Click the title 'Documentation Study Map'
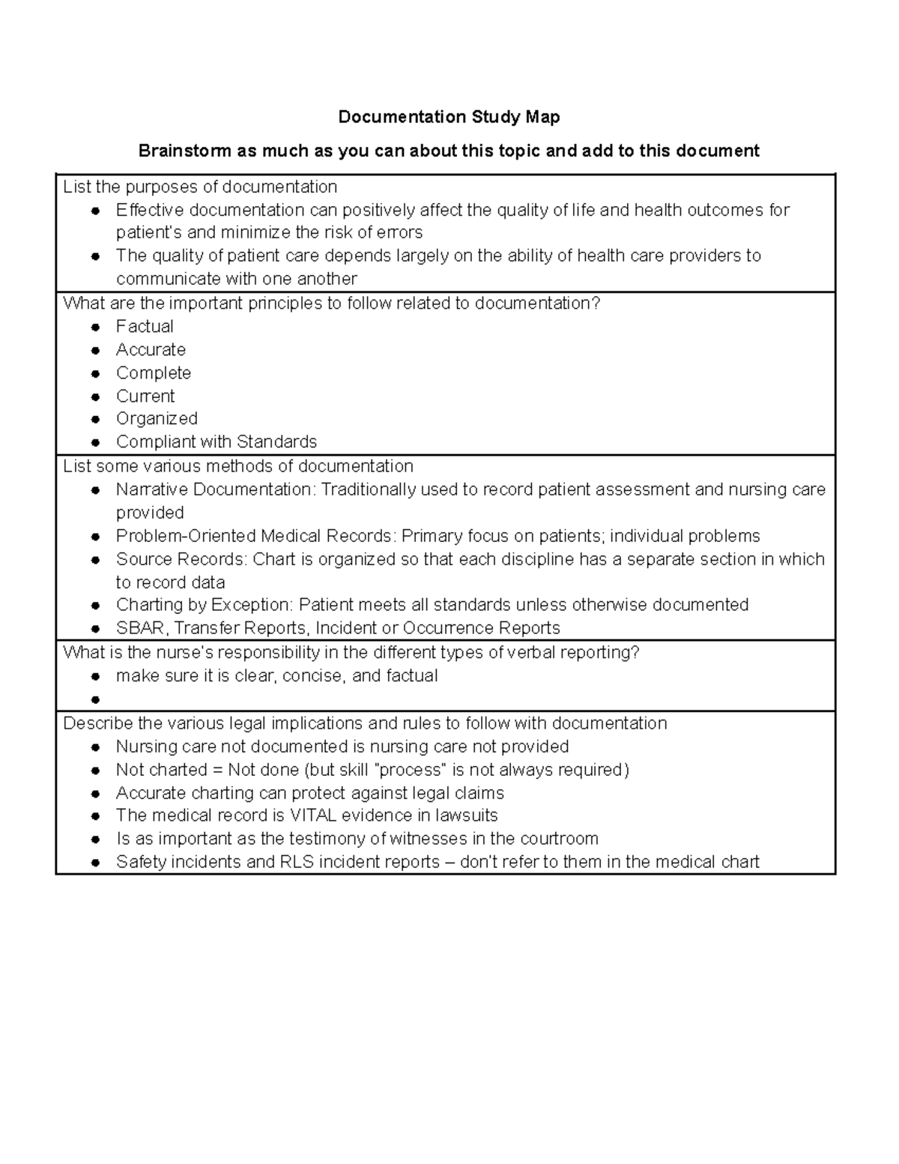(x=449, y=117)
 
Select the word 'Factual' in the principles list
(x=145, y=327)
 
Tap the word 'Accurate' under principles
(x=151, y=350)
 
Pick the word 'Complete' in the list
(x=154, y=373)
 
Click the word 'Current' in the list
(x=145, y=396)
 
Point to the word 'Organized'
(x=157, y=419)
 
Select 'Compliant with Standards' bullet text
(x=217, y=442)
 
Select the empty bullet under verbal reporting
(x=95, y=699)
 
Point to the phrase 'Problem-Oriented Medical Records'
(x=254, y=537)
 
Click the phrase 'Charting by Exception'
(x=204, y=605)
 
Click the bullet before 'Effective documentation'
(x=95, y=211)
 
